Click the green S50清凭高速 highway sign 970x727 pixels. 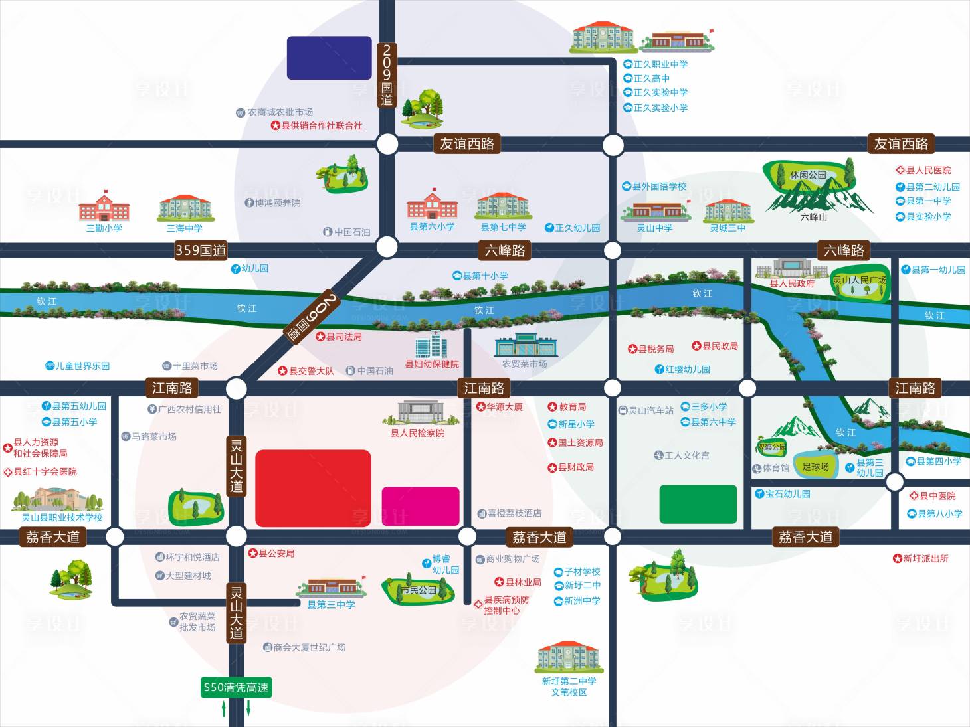pos(236,687)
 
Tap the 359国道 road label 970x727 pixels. pos(201,250)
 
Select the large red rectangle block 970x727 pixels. pos(313,488)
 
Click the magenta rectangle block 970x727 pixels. pos(421,506)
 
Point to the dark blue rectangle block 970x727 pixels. pos(329,58)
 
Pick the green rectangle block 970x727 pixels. pos(698,504)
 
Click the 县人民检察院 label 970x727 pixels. pos(417,433)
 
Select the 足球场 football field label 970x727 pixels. pos(815,467)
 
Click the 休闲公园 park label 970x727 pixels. pos(808,175)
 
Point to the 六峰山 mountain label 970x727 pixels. pos(813,217)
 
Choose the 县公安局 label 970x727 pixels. pos(272,553)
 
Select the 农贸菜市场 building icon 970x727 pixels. pos(526,344)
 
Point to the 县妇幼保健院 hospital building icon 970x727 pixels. pos(431,345)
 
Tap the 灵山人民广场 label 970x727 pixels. pos(860,280)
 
